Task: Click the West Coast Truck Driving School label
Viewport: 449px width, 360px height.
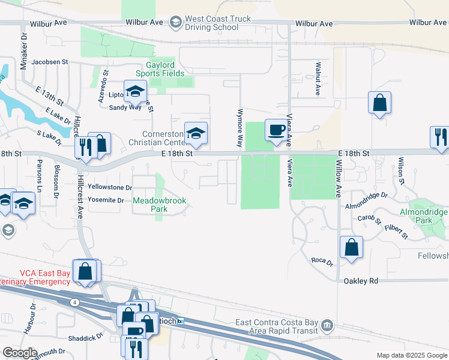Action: click(x=218, y=23)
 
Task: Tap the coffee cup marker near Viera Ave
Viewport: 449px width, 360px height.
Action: click(x=276, y=130)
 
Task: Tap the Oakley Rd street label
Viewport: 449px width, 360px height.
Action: click(x=361, y=281)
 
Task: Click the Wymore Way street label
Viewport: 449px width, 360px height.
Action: click(x=240, y=128)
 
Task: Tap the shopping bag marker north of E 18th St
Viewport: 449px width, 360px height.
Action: click(x=380, y=103)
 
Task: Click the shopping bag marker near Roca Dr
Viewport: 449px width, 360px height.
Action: click(x=351, y=247)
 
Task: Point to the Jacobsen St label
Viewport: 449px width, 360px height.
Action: click(x=50, y=62)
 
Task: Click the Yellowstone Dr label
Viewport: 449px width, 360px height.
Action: click(x=109, y=188)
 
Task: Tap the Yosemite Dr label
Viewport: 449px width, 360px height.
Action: click(x=106, y=200)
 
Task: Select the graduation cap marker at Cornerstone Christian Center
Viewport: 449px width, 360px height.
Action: click(x=196, y=134)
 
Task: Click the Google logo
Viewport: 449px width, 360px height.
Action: click(x=20, y=353)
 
